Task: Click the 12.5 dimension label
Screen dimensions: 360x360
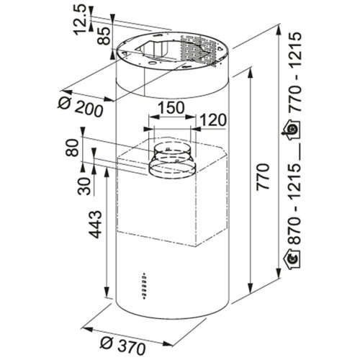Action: [80, 19]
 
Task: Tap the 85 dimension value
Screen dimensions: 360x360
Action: [104, 35]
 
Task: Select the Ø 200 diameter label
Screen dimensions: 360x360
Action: [81, 107]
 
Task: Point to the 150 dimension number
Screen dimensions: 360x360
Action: [171, 108]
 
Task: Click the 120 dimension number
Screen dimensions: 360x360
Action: [213, 120]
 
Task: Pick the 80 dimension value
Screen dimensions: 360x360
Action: [72, 148]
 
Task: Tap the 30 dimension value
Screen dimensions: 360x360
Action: [84, 186]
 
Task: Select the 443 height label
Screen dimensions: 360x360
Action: [96, 225]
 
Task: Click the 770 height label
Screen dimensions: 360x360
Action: [263, 177]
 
